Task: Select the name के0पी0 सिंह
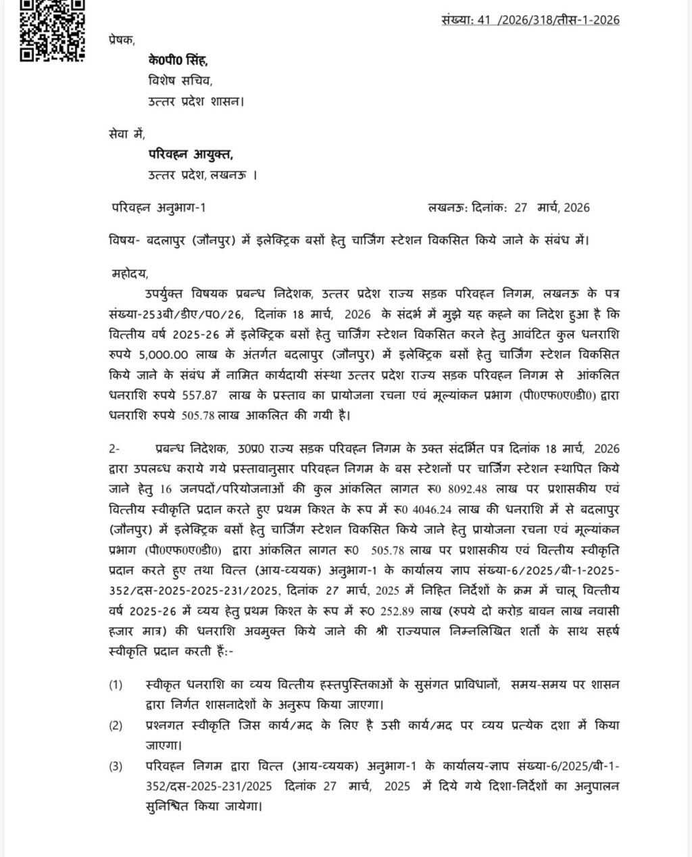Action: pos(178,61)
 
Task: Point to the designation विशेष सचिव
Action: pos(180,81)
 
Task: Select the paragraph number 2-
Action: pos(114,449)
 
